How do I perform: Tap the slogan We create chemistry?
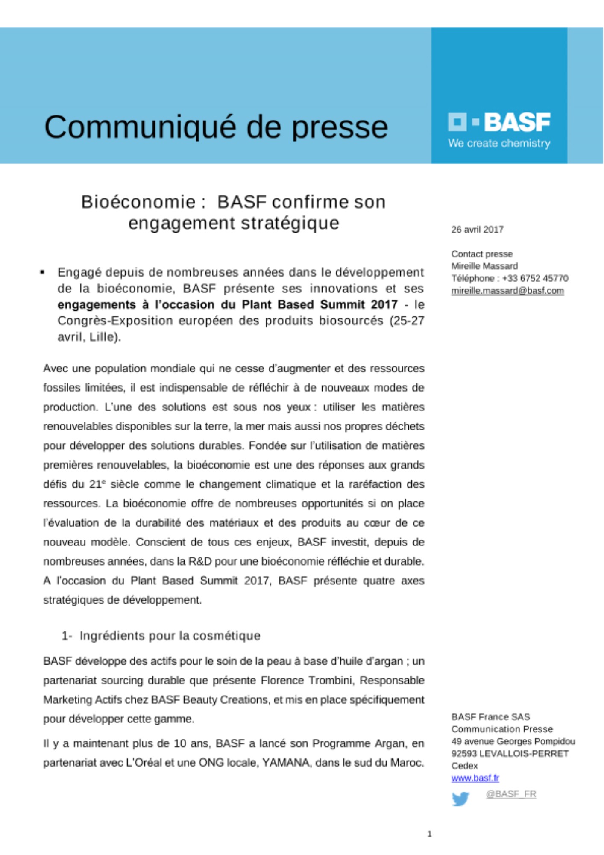499,143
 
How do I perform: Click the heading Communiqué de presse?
216,127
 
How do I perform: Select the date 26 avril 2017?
477,230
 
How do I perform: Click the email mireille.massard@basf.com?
507,291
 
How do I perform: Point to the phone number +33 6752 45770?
535,278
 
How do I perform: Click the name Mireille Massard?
484,266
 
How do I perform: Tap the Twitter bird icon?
460,799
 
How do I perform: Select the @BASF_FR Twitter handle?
511,794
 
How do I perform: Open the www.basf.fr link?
475,778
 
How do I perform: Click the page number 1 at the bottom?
430,834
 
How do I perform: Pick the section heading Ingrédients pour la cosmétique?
170,636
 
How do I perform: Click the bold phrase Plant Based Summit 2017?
320,304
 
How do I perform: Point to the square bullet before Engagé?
42,272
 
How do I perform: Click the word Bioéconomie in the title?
138,202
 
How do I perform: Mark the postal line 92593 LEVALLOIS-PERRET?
510,753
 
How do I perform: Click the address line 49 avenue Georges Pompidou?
513,741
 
